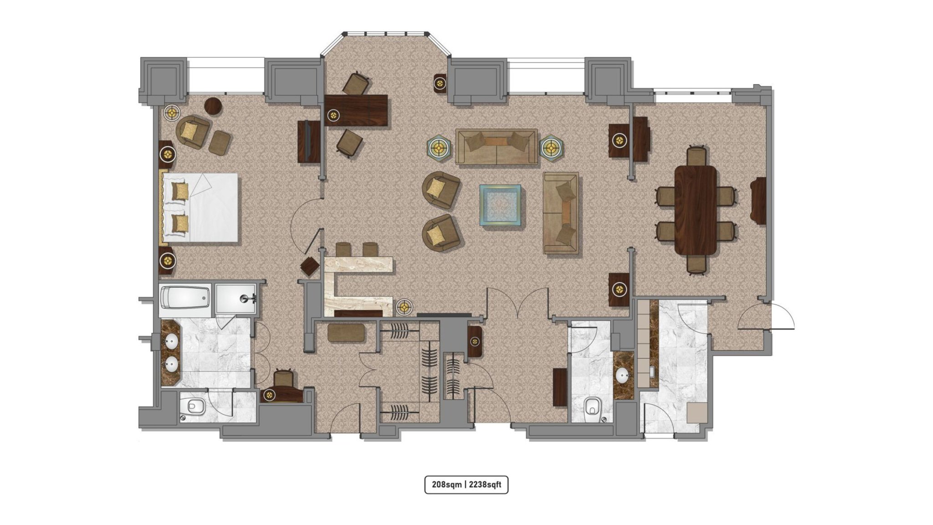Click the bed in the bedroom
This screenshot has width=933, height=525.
click(199, 207)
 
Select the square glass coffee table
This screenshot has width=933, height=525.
click(500, 205)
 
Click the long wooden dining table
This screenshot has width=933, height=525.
click(696, 210)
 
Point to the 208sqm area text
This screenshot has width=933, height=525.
click(446, 484)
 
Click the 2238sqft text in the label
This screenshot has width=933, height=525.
click(485, 484)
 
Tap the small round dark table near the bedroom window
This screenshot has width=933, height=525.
click(213, 106)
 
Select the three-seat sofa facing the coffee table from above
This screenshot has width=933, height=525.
click(496, 146)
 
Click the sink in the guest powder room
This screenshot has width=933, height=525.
click(623, 376)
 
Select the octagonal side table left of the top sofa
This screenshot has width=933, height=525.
click(439, 148)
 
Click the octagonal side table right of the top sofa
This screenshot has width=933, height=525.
click(552, 148)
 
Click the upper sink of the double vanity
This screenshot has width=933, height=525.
click(172, 341)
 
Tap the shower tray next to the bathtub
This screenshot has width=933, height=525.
click(236, 299)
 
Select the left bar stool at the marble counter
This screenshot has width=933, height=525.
click(343, 249)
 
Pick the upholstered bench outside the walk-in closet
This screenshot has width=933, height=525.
click(346, 333)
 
